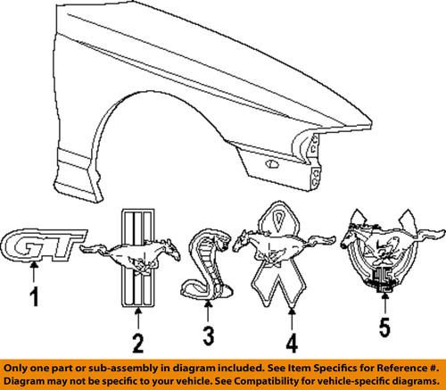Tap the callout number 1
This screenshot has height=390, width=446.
35,296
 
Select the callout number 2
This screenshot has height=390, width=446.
138,344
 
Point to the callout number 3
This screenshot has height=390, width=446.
209,336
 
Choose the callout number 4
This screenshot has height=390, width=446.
292,344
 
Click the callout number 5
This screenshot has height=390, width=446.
384,328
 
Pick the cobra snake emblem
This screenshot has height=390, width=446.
207,264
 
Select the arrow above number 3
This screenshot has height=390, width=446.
208,311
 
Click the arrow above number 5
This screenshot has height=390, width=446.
385,303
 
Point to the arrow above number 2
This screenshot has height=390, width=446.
138,319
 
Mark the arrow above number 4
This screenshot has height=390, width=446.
292,319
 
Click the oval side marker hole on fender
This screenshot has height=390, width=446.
272,163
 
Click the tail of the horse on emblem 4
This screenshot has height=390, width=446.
321,240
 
